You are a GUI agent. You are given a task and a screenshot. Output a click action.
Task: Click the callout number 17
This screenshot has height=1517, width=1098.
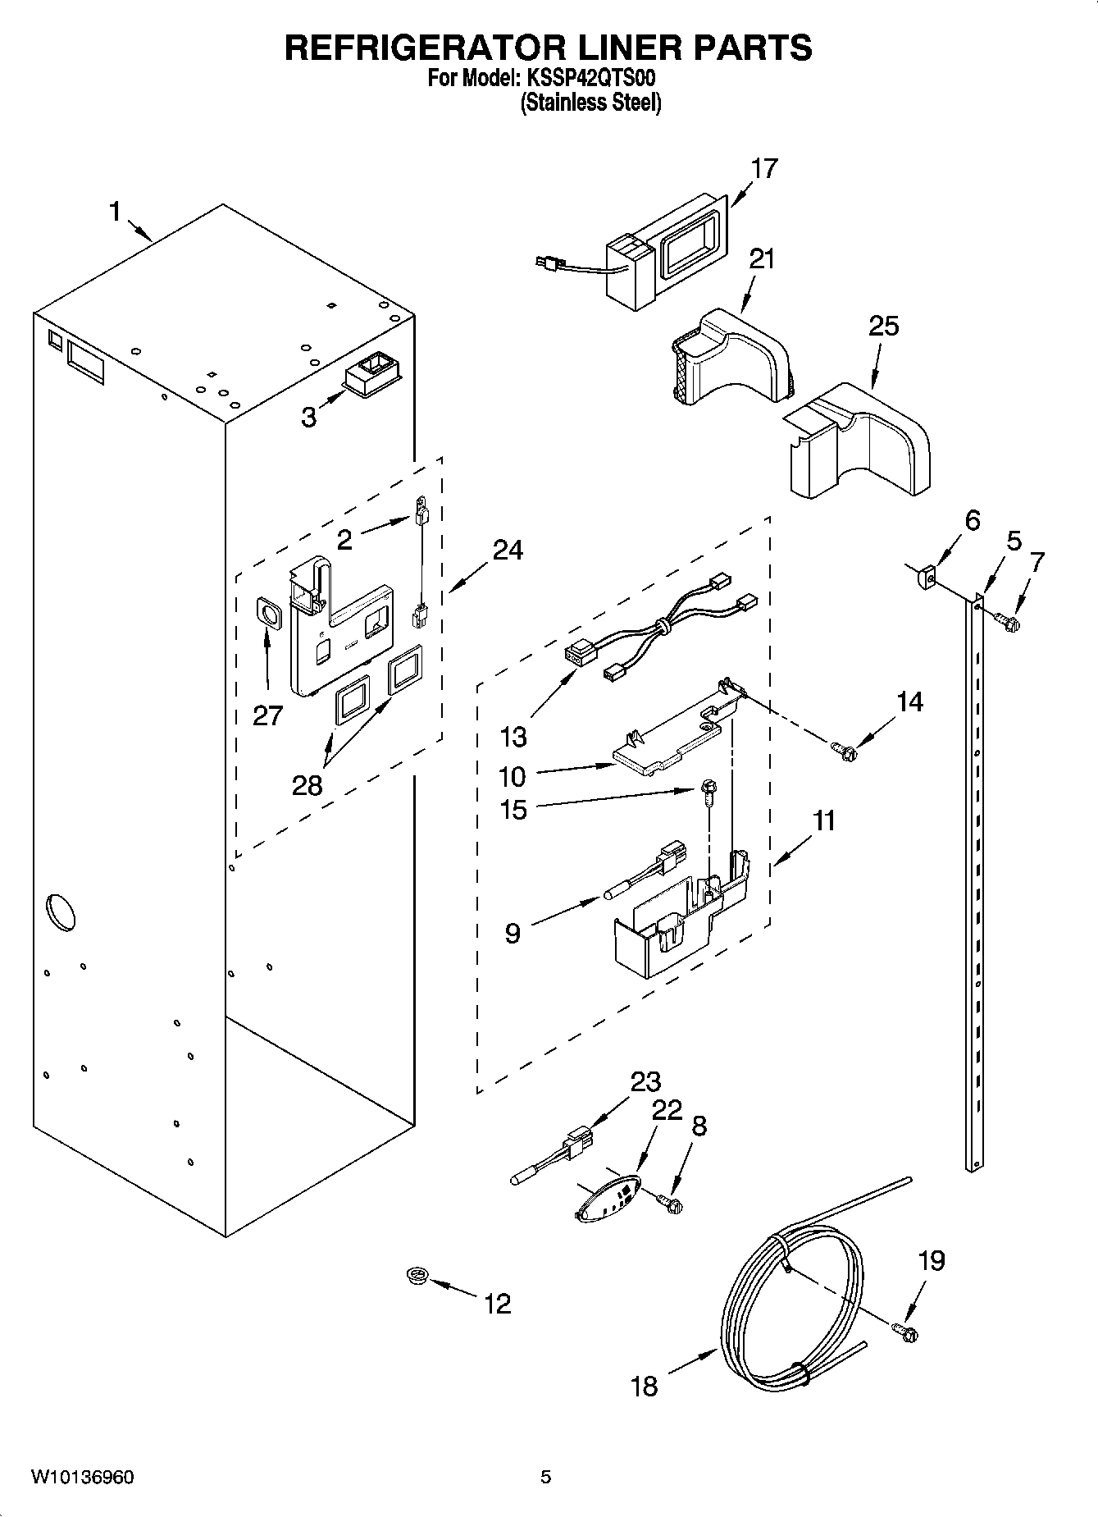[763, 169]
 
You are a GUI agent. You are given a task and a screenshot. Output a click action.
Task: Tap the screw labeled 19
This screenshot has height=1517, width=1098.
[904, 1333]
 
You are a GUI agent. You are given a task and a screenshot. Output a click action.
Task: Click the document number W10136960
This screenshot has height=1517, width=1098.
[83, 1478]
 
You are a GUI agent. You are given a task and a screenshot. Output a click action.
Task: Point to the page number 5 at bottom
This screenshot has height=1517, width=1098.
[545, 1478]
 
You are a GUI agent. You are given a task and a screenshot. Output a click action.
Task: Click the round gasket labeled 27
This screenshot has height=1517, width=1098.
[267, 612]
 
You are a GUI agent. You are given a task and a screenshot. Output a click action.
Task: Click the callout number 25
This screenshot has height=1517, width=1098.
[883, 326]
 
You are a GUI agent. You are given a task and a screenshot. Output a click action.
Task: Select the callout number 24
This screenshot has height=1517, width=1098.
[508, 550]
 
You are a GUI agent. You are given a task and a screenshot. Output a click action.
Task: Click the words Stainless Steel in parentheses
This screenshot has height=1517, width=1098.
[590, 103]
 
